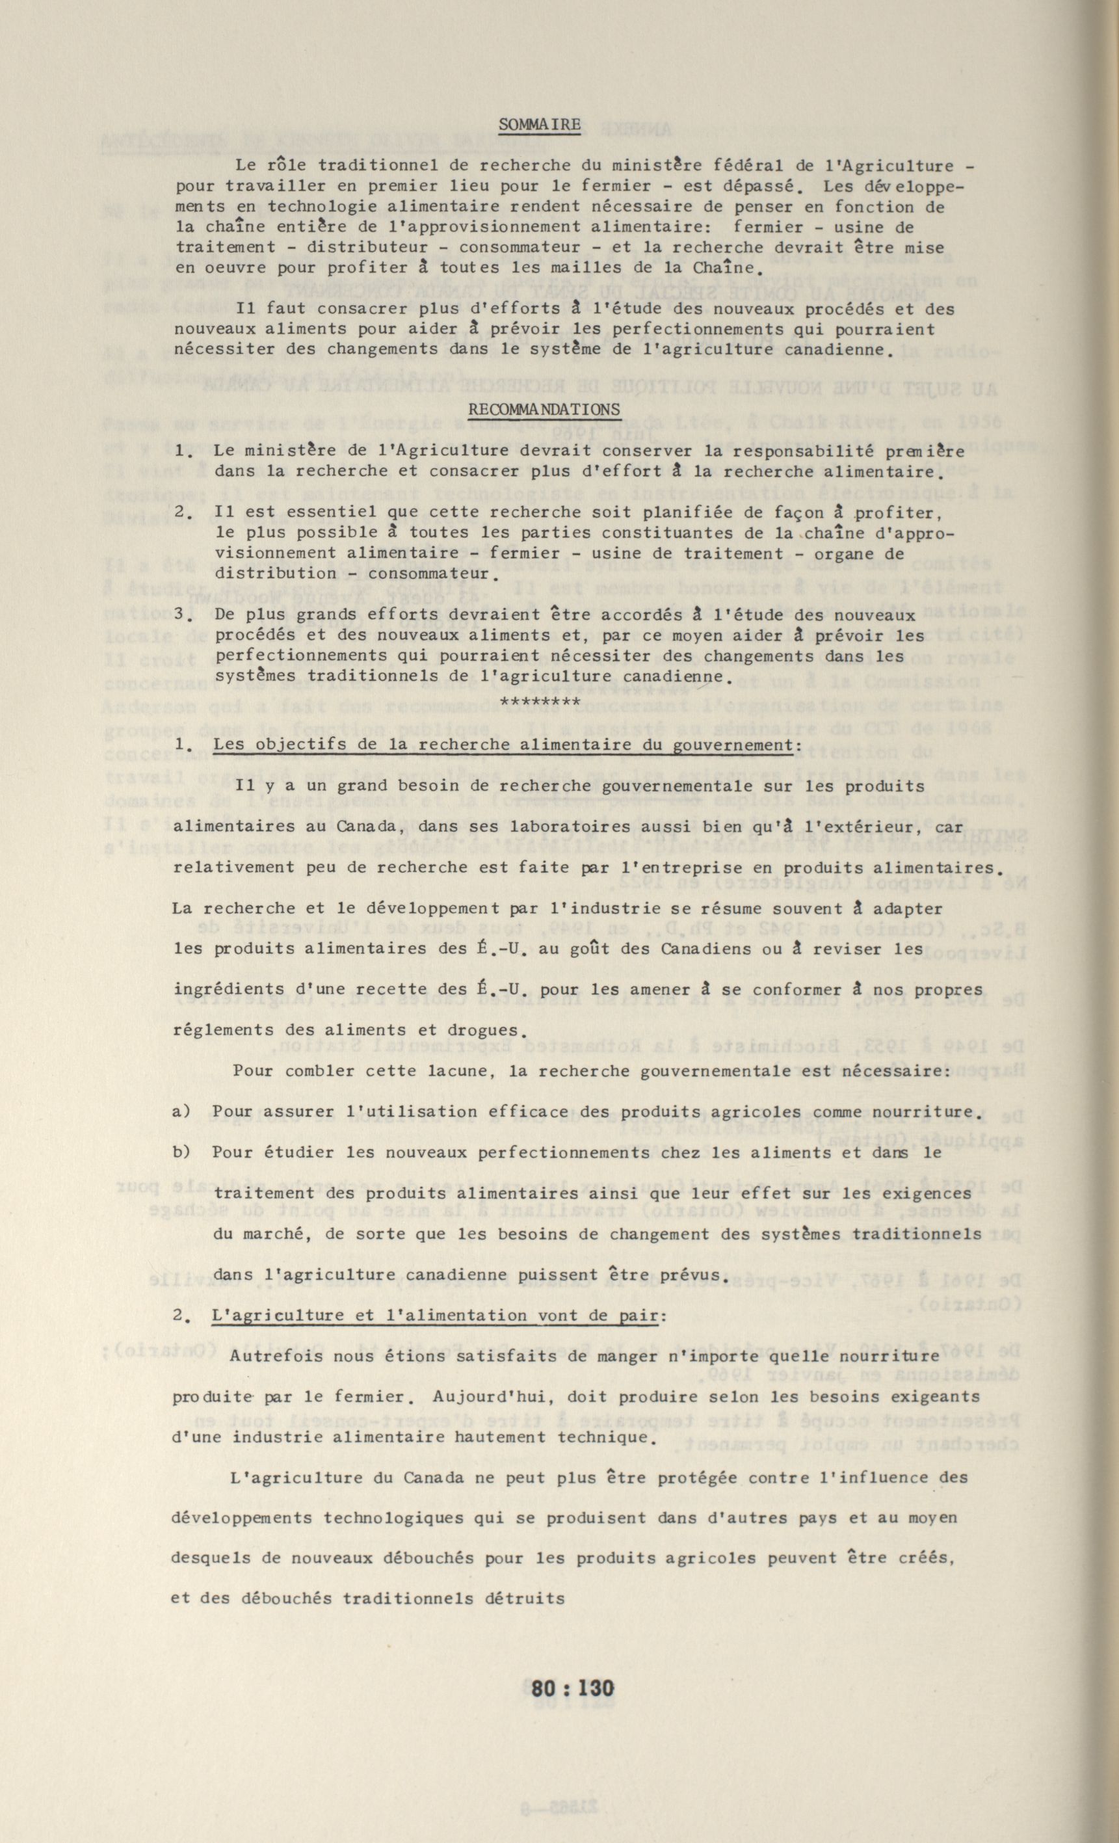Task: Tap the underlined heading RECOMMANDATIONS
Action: tap(544, 410)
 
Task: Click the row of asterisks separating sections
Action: tap(539, 702)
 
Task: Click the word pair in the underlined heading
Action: tap(638, 1316)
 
